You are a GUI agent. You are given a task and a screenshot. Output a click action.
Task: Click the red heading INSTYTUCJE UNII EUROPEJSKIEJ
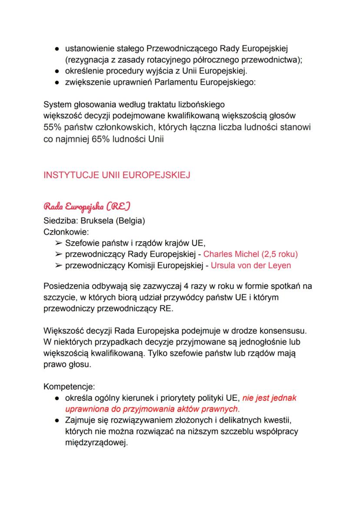pos(117,176)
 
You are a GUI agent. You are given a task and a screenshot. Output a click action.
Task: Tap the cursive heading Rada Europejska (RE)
pos(87,205)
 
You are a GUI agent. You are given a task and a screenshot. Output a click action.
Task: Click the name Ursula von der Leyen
pos(251,265)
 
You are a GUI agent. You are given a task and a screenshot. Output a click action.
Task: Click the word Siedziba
pos(60,221)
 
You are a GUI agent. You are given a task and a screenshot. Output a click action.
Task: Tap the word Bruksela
pos(96,221)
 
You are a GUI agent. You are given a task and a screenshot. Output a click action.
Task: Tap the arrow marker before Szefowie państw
pos(58,243)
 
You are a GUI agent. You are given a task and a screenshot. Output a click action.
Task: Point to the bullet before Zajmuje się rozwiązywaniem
pos(57,420)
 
